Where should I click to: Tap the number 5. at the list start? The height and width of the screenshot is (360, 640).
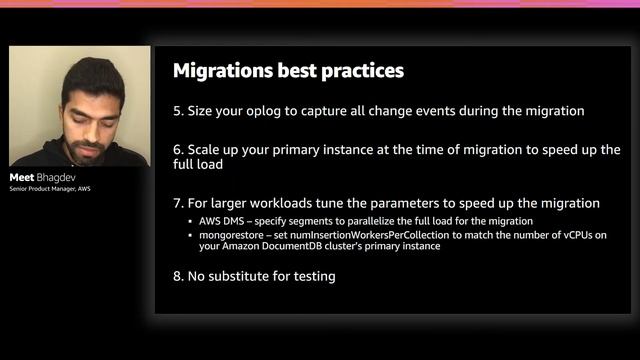pos(179,110)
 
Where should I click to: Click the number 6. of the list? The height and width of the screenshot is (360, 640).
pos(179,149)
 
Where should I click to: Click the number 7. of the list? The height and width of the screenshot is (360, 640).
pos(179,203)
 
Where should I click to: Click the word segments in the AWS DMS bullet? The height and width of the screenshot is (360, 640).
pos(319,221)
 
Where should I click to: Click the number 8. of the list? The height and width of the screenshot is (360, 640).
pos(179,276)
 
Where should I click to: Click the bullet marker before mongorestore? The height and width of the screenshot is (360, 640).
pos(190,234)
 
